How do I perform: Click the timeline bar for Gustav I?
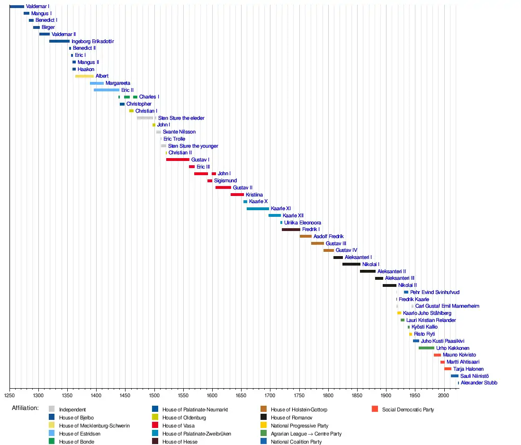point(178,160)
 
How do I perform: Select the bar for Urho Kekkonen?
point(426,348)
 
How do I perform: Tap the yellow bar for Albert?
point(84,76)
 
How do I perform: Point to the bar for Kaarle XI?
point(258,208)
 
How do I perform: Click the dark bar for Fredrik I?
point(291,230)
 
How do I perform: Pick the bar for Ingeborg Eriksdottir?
point(59,41)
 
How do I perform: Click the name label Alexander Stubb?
point(479,383)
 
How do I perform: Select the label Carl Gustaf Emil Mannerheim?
point(448,306)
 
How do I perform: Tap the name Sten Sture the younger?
point(193,146)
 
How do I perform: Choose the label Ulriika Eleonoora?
point(302,222)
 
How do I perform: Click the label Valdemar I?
point(37,7)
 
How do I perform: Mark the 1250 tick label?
point(9,394)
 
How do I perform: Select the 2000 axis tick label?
point(444,394)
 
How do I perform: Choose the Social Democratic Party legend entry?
point(408,409)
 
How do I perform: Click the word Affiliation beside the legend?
point(25,408)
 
